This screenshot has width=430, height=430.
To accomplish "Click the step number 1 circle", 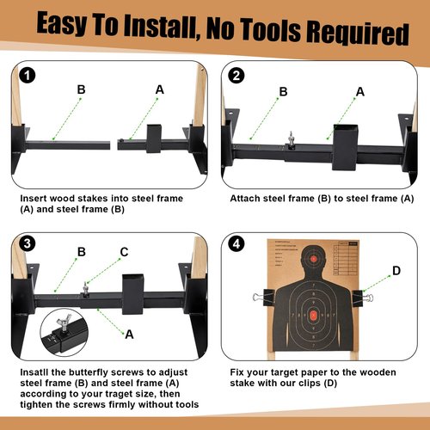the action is [x=27, y=76].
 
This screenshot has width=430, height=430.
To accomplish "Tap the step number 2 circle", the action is [x=236, y=76].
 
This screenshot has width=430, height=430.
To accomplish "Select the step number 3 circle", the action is [x=27, y=244].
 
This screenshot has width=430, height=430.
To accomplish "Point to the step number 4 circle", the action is [x=236, y=244].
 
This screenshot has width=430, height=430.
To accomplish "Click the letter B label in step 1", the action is [x=81, y=89].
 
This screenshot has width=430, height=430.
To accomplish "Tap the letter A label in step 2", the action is [x=360, y=92].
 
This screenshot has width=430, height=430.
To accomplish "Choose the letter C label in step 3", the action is [x=124, y=252].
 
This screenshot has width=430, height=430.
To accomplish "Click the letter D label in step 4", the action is [x=396, y=270].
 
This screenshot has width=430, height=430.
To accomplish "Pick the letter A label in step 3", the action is [x=129, y=335].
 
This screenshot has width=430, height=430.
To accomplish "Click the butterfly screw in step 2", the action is [x=292, y=140].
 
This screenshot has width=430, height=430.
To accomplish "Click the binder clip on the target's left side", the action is [x=263, y=297].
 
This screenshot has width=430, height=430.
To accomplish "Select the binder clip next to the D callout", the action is [x=363, y=298].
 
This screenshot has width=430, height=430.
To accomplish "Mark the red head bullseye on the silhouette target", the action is [x=314, y=259].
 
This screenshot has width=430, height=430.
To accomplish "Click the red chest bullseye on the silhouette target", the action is [x=313, y=316].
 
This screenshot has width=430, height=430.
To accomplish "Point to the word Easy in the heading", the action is [x=62, y=23].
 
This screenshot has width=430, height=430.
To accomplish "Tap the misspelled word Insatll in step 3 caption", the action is [x=34, y=372].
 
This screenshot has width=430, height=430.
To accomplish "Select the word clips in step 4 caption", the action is [x=309, y=384].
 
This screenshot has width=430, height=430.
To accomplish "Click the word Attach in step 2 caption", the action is [x=245, y=199].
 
